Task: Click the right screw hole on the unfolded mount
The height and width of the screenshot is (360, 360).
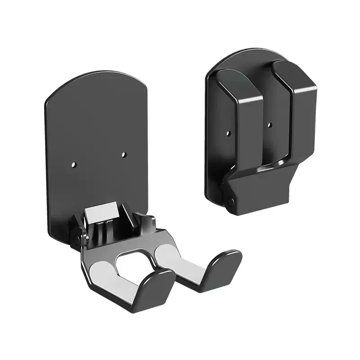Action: (125, 155)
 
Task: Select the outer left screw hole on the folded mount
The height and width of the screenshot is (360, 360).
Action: (228, 134)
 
